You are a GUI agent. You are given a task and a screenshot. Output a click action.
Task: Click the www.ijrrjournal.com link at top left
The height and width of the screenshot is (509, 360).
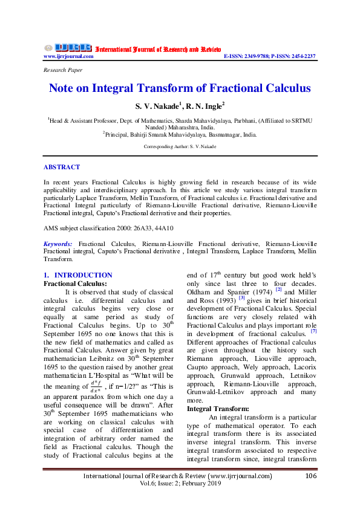(68, 56)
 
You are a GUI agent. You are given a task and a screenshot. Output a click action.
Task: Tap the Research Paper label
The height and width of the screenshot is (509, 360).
(63, 70)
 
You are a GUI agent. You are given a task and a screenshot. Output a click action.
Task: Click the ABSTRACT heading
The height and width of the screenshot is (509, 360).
(62, 166)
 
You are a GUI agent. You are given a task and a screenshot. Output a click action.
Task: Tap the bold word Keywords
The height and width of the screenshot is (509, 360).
(58, 243)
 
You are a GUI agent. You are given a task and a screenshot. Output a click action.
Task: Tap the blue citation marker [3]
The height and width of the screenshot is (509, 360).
(241, 297)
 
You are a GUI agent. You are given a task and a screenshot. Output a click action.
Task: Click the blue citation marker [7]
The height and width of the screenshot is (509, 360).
(313, 331)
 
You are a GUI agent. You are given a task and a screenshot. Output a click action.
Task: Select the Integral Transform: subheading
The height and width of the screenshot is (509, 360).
(218, 409)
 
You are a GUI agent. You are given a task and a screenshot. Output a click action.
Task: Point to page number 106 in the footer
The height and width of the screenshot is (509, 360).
(311, 476)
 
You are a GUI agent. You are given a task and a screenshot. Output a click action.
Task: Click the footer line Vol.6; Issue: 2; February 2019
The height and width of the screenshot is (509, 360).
(180, 485)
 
